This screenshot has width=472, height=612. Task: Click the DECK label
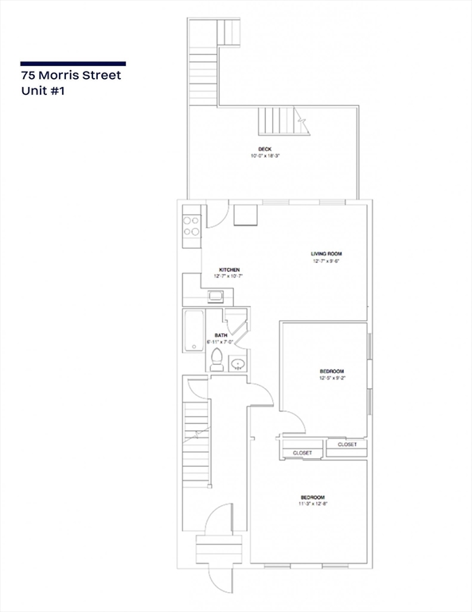click(x=265, y=149)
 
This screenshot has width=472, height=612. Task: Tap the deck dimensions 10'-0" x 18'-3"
click(x=265, y=156)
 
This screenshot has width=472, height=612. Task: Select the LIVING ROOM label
click(x=326, y=254)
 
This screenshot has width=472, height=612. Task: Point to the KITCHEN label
click(x=229, y=270)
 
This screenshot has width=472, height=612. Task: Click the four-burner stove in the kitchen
click(x=191, y=226)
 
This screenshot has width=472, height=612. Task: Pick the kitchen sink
click(x=216, y=297)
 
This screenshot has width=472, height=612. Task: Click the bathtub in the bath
click(x=193, y=331)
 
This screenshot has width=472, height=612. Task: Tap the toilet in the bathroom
click(x=216, y=363)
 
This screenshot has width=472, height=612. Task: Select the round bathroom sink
click(x=237, y=365)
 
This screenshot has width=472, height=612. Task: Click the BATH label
click(x=220, y=335)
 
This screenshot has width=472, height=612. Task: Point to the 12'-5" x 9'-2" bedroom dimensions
click(x=331, y=379)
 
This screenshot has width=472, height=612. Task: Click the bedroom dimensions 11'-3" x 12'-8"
click(x=312, y=504)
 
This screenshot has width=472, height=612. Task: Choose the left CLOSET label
click(x=302, y=453)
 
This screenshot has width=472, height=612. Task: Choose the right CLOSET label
click(x=347, y=444)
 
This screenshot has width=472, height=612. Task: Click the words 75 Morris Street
click(x=72, y=76)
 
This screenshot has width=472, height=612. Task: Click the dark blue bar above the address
click(x=73, y=64)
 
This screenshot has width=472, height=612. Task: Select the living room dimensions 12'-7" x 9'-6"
click(x=326, y=261)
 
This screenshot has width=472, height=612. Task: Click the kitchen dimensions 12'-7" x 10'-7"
click(x=229, y=277)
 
